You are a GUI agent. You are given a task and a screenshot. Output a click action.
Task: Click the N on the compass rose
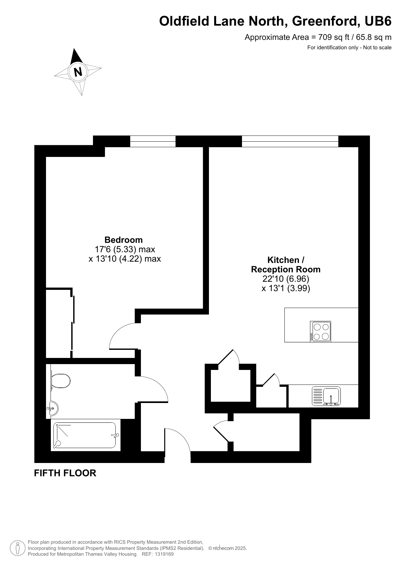click(x=78, y=72)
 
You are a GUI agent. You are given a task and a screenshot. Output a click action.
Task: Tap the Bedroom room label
click(x=123, y=240)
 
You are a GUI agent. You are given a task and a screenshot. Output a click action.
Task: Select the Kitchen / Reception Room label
click(x=286, y=265)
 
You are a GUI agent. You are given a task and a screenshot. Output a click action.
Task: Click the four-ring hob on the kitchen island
click(x=320, y=331)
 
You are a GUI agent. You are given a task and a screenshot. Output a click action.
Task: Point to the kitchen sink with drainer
click(x=326, y=396)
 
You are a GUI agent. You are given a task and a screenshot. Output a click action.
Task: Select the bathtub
click(x=86, y=435)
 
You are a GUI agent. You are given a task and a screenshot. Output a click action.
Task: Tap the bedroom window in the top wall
click(x=153, y=141)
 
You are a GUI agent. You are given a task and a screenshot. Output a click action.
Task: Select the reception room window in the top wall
click(x=290, y=141)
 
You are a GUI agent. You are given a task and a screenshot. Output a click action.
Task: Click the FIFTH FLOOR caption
click(x=65, y=473)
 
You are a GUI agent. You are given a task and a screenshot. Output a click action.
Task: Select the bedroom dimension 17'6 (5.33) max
click(x=125, y=249)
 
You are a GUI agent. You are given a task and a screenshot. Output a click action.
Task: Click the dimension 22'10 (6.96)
click(x=286, y=279)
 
